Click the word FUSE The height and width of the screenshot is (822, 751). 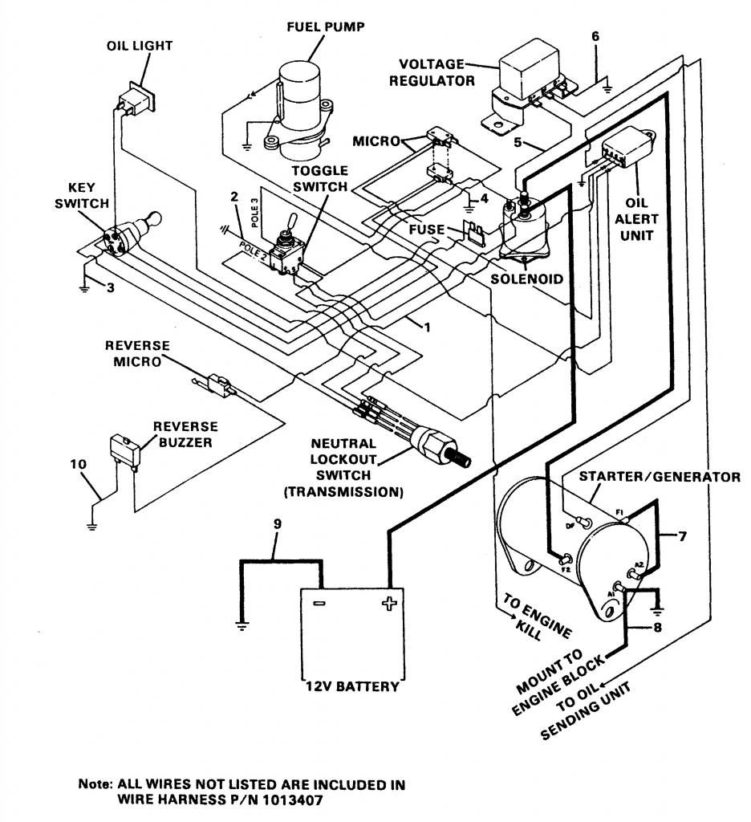point(424,230)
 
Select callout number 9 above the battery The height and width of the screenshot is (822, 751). point(277,526)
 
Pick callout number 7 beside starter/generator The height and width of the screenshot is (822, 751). point(682,536)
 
